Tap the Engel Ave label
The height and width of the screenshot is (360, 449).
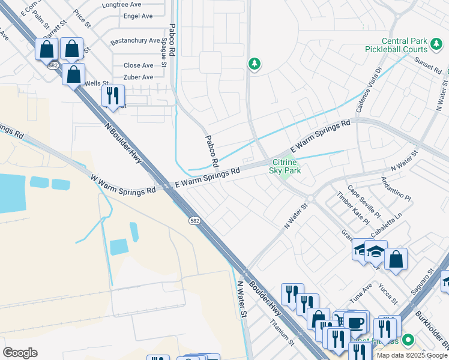pyautogui.click(x=137, y=16)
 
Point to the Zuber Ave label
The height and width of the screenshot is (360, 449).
pyautogui.click(x=138, y=77)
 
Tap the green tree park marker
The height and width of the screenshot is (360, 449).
pyautogui.click(x=255, y=64)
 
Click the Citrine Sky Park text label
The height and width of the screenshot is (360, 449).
pyautogui.click(x=286, y=166)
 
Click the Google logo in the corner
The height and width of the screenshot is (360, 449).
pyautogui.click(x=20, y=352)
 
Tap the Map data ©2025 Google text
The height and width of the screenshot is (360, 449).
pyautogui.click(x=412, y=355)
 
